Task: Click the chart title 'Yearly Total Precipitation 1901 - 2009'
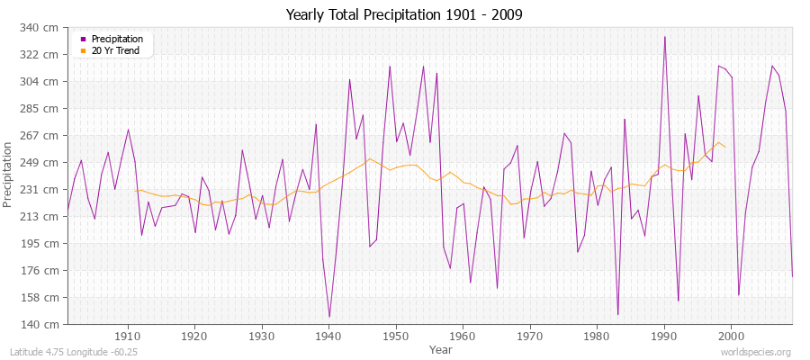pyautogui.click(x=404, y=14)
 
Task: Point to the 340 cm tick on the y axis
pyautogui.click(x=44, y=28)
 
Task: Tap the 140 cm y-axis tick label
pyautogui.click(x=44, y=324)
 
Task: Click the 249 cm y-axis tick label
pyautogui.click(x=44, y=162)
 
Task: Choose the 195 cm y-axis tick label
pyautogui.click(x=44, y=243)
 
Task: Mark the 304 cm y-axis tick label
pyautogui.click(x=44, y=82)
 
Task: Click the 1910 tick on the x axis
pyautogui.click(x=128, y=336)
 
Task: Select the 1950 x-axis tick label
pyautogui.click(x=395, y=336)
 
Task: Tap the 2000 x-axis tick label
pyautogui.click(x=731, y=336)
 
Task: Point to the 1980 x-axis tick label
pyautogui.click(x=597, y=336)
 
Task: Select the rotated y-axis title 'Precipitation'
pyautogui.click(x=9, y=175)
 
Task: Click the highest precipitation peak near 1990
pyautogui.click(x=664, y=37)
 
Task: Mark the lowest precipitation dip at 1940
pyautogui.click(x=329, y=317)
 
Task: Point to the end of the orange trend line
pyautogui.click(x=724, y=146)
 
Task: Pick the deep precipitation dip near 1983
pyautogui.click(x=617, y=314)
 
